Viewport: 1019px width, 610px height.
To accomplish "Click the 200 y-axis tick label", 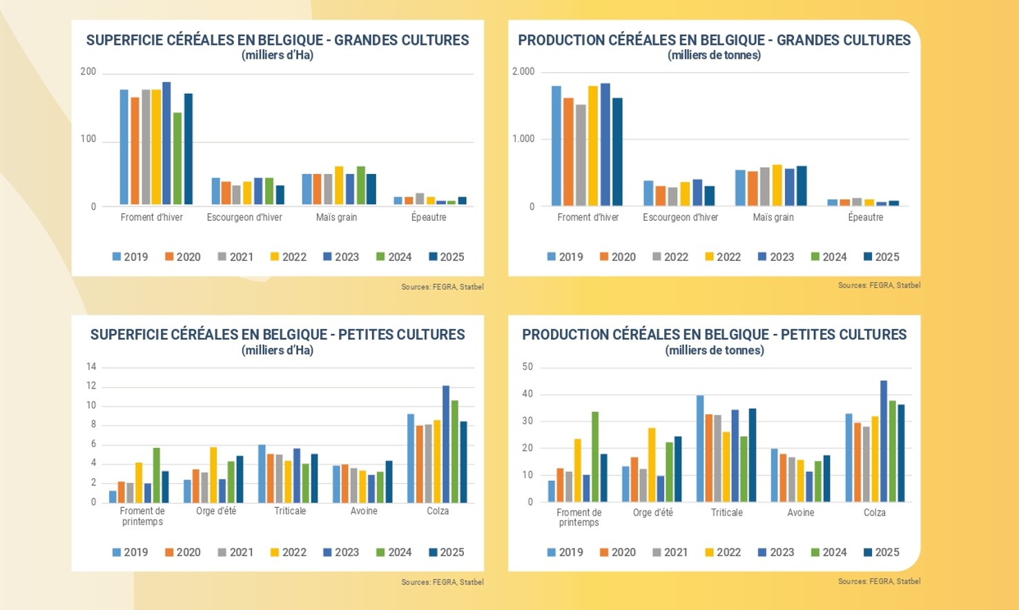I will point(88,72).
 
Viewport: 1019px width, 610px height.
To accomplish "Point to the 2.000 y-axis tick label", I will point(523,72).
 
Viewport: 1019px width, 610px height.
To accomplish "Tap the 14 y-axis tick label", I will point(91,366).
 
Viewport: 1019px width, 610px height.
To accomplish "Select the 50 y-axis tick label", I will point(527,367).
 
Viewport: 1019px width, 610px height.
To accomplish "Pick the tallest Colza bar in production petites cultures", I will point(884,441).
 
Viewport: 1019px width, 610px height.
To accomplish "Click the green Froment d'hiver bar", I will point(177,158).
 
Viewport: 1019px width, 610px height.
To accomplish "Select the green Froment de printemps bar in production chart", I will point(595,456).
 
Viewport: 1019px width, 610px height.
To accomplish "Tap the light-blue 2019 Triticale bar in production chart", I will point(700,448).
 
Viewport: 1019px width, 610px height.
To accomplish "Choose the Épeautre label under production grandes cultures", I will point(865,217).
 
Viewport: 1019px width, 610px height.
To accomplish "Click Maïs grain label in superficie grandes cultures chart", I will point(336,217).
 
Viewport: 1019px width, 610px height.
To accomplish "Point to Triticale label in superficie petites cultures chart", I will point(290,511).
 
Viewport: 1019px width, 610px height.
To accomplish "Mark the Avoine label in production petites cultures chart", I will point(800,513).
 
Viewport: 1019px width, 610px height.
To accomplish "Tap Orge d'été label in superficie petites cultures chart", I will point(216,511).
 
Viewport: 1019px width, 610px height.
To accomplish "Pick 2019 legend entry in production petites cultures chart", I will point(565,552).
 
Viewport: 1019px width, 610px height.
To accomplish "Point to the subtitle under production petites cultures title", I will point(714,351).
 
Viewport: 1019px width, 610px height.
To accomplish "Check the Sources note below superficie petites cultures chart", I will point(442,582).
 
